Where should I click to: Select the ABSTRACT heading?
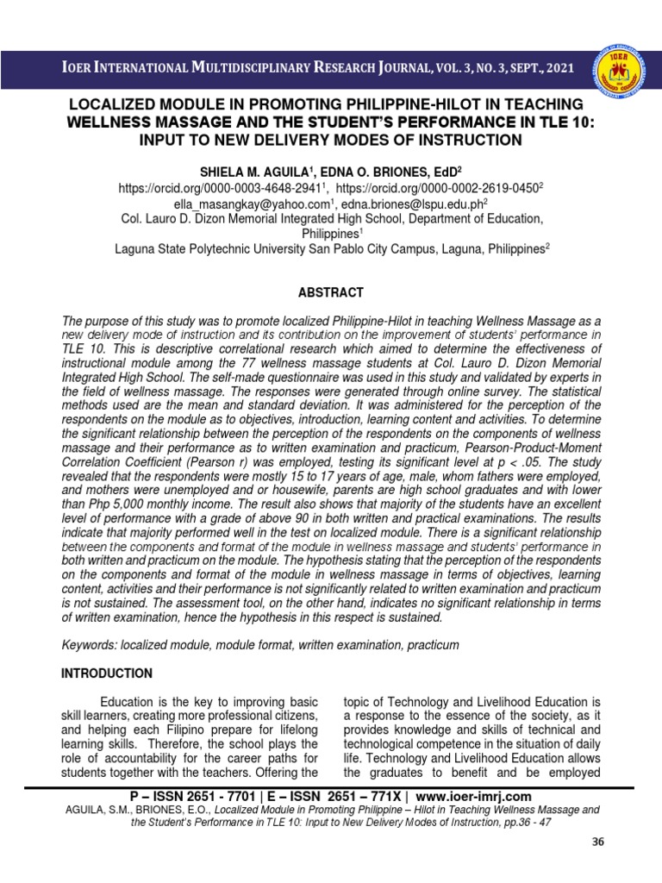[x=331, y=292]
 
